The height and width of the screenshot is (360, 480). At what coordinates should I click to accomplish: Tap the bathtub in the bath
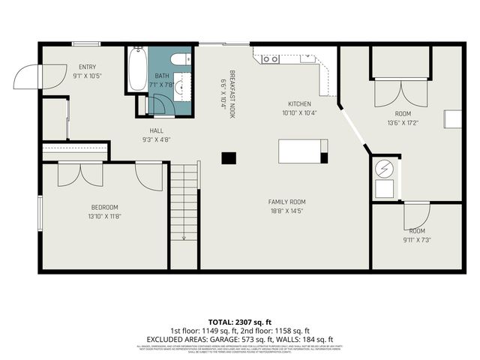(x=136, y=69)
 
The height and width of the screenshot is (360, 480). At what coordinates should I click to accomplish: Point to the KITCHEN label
(x=299, y=104)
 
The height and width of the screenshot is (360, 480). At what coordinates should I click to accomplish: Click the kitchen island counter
(x=302, y=151)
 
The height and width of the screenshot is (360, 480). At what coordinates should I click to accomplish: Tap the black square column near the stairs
(x=228, y=157)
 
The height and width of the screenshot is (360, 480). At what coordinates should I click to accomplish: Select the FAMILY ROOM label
(x=287, y=202)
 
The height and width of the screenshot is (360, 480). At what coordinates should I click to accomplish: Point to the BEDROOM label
(x=104, y=207)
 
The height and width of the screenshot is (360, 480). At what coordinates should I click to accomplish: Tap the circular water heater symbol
(x=384, y=168)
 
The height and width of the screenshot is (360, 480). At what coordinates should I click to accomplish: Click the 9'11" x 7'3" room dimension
(x=417, y=240)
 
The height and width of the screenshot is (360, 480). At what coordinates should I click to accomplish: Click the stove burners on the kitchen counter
(x=271, y=58)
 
